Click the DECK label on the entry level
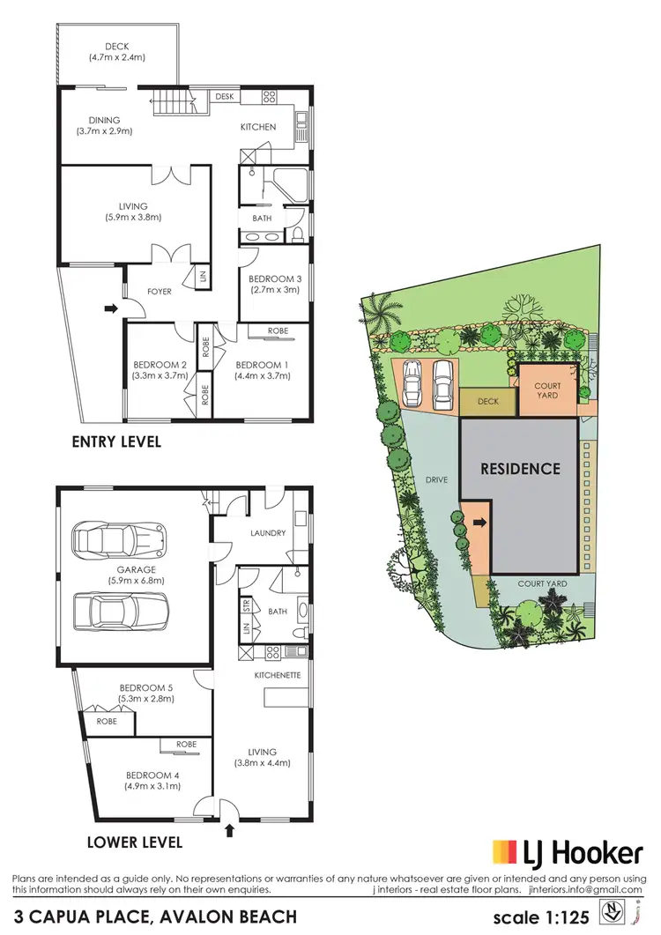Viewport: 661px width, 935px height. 116,47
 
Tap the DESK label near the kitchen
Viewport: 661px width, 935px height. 224,96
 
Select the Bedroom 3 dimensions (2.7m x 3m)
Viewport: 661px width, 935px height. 273,289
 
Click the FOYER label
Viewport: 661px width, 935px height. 159,292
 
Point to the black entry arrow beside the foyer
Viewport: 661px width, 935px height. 111,308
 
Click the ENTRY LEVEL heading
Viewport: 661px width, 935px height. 116,442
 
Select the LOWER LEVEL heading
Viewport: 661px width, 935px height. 135,842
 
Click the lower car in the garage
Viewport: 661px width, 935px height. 120,609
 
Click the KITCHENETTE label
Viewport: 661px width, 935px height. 278,675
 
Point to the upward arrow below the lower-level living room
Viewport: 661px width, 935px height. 231,829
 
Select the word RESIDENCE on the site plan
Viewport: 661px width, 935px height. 520,469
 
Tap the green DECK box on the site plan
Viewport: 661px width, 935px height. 487,402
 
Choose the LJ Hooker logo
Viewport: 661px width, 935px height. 566,854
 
